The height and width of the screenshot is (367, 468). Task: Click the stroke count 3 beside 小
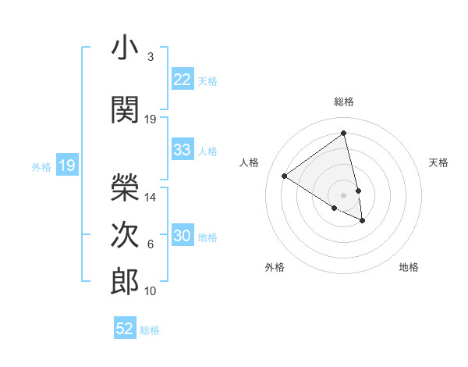150,57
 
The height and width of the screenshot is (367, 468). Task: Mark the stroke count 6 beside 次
151,244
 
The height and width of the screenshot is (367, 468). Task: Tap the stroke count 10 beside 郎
151,291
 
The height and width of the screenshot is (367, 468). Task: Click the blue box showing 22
182,80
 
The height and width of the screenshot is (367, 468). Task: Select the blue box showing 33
182,150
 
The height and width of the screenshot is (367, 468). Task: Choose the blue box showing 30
182,236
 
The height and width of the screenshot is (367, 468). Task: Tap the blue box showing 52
124,329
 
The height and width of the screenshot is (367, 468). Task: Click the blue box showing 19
66,166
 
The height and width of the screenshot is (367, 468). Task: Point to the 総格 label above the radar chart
344,102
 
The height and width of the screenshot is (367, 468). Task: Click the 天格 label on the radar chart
438,162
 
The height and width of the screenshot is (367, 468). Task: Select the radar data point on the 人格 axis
285,176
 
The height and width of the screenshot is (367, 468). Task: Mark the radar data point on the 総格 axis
344,134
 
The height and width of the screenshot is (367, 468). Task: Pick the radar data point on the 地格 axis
363,221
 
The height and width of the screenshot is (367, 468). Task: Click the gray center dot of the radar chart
344,194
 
